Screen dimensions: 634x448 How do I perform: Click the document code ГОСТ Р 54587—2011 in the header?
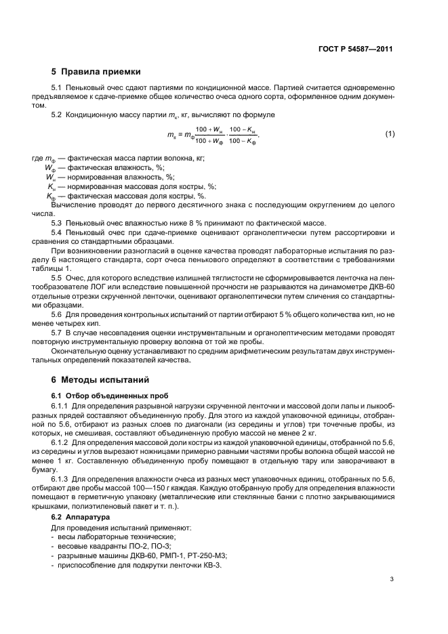[355, 49]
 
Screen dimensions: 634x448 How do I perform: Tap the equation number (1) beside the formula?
[389, 133]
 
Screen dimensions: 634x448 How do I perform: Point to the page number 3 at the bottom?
[392, 578]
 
